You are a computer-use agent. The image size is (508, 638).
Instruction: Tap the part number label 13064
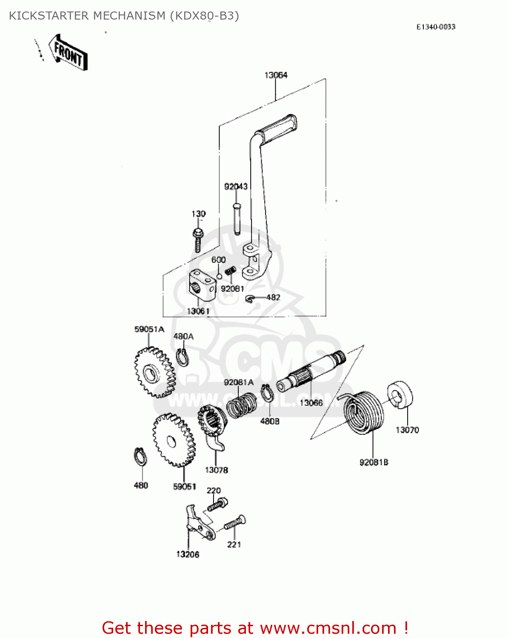[x=276, y=75]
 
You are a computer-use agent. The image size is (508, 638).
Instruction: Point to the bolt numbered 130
[x=197, y=240]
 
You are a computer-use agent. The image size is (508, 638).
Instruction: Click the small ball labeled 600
[x=219, y=276]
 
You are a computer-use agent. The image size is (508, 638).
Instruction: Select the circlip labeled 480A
[x=183, y=357]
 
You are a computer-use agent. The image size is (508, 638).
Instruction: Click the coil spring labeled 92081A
[x=241, y=404]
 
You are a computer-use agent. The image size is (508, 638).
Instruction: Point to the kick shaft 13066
[x=311, y=370]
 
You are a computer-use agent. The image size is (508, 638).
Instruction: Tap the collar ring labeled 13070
[x=400, y=395]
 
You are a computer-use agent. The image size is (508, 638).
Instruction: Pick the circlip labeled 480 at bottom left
[x=140, y=457]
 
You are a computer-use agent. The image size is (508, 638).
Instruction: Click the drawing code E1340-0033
[x=436, y=27]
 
